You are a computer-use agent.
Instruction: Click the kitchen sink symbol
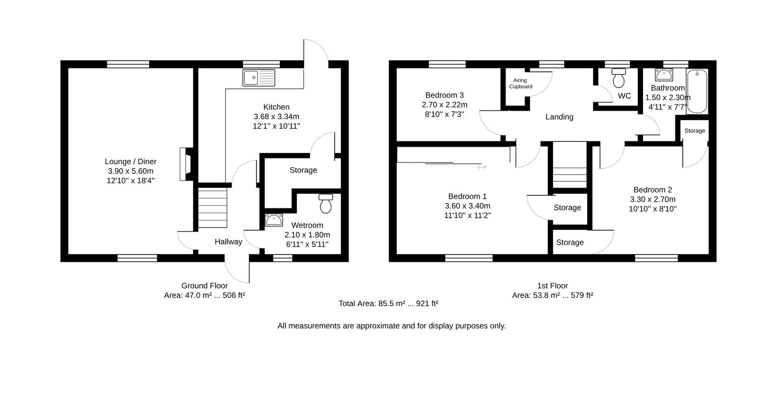[x=259, y=78]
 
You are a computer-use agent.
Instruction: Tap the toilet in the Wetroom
[x=326, y=204]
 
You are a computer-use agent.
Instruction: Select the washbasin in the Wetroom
[x=274, y=220]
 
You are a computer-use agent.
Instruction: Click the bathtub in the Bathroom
[x=697, y=91]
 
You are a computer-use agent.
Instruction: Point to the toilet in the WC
[x=619, y=78]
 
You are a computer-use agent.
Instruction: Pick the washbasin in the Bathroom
[x=664, y=75]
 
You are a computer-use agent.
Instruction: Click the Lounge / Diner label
[x=131, y=161]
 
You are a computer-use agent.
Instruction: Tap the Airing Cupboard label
[x=520, y=83]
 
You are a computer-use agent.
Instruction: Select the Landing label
[x=559, y=117]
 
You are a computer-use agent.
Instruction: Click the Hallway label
[x=228, y=242]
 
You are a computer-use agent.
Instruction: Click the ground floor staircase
[x=212, y=207]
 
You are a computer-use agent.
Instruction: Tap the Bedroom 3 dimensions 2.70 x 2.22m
[x=444, y=105]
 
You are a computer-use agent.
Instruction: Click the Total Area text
[x=388, y=304]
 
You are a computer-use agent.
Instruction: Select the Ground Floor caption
[x=204, y=286]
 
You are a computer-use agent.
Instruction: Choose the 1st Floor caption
[x=552, y=286]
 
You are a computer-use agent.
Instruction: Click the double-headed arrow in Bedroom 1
[x=482, y=167]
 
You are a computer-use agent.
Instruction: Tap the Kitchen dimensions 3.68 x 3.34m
[x=276, y=117]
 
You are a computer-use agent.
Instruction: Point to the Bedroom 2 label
[x=653, y=190]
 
